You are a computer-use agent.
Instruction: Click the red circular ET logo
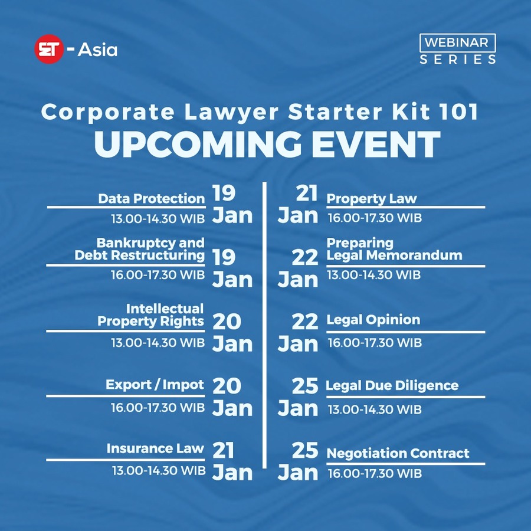[49, 49]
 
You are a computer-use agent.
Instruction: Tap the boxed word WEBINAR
[457, 42]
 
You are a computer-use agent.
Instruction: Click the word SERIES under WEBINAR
[458, 60]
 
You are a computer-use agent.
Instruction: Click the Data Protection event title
[152, 198]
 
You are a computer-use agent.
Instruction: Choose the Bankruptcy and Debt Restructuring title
[139, 249]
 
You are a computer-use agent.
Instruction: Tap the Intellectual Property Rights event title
[150, 315]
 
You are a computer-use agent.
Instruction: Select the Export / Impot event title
[155, 385]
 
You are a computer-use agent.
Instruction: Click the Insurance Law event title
[155, 448]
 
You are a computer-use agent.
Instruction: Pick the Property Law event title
[372, 199]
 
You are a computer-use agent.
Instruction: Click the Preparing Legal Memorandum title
[394, 249]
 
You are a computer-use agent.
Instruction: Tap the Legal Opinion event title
[373, 320]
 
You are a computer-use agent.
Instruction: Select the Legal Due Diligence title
[392, 385]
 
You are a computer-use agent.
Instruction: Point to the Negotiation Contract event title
[398, 453]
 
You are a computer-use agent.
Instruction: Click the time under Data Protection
[158, 219]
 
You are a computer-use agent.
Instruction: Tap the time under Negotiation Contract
[375, 473]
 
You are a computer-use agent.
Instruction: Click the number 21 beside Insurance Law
[223, 450]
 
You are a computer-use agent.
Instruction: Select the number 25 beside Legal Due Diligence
[305, 385]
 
